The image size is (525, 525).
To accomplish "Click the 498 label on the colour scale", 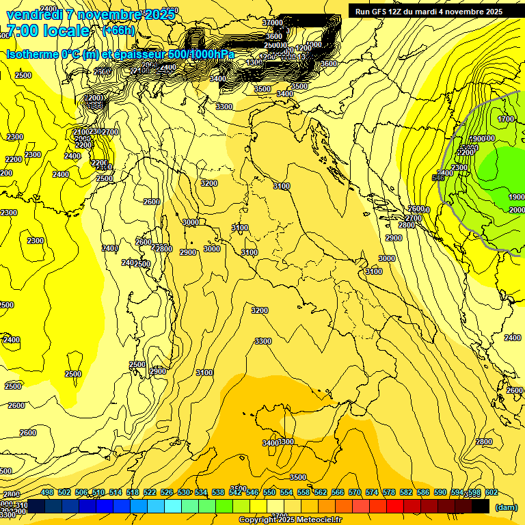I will point(47,492).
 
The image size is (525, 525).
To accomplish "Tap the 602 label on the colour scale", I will point(492,492).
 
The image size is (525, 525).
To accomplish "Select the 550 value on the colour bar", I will point(269,492).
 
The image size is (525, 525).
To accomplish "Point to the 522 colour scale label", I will point(150,492).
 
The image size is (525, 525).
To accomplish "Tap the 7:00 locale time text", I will point(48,31).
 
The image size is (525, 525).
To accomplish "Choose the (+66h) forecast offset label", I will point(118,31).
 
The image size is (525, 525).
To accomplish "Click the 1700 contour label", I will point(506,119).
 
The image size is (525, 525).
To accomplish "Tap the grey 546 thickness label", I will point(439,178).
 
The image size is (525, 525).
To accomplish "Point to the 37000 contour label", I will point(273,23).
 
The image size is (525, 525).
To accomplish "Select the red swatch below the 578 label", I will point(395,507).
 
